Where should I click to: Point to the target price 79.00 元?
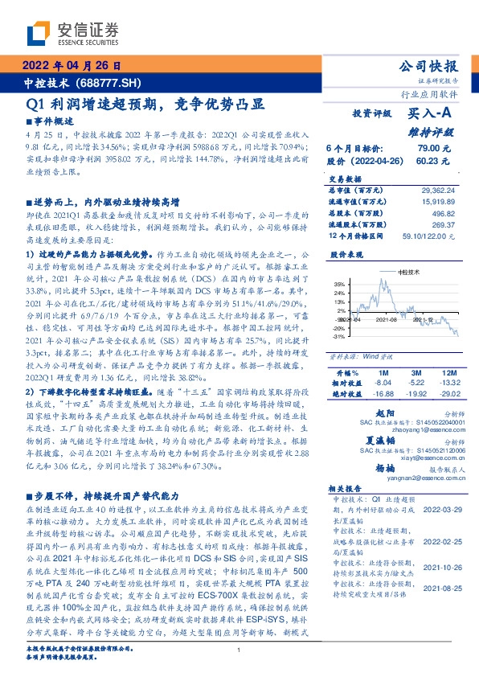435,149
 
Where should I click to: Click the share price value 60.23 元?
435,161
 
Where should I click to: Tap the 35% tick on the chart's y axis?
338,284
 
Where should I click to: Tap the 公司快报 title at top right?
428,66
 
